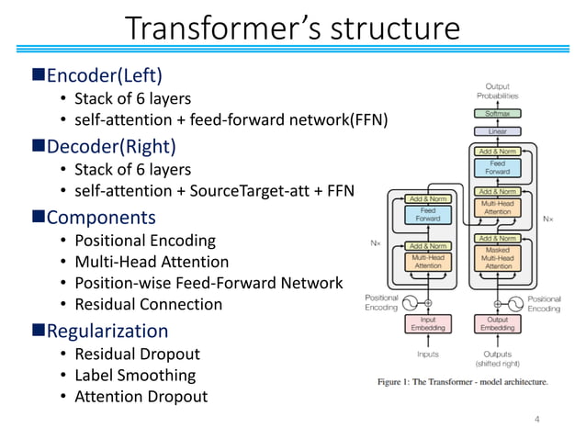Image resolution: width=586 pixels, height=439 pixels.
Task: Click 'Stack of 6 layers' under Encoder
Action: [x=132, y=97]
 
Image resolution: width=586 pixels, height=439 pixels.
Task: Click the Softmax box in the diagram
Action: [x=496, y=114]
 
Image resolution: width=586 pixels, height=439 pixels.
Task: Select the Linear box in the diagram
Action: [x=496, y=131]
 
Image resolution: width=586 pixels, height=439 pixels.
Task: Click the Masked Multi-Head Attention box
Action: [x=498, y=261]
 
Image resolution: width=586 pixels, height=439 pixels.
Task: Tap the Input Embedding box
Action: [x=427, y=323]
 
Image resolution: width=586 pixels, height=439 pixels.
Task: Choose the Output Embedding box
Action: [x=498, y=323]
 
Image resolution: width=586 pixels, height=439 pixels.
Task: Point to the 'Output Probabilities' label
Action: [x=496, y=90]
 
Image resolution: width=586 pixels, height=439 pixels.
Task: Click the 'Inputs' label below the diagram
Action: [x=427, y=354]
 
